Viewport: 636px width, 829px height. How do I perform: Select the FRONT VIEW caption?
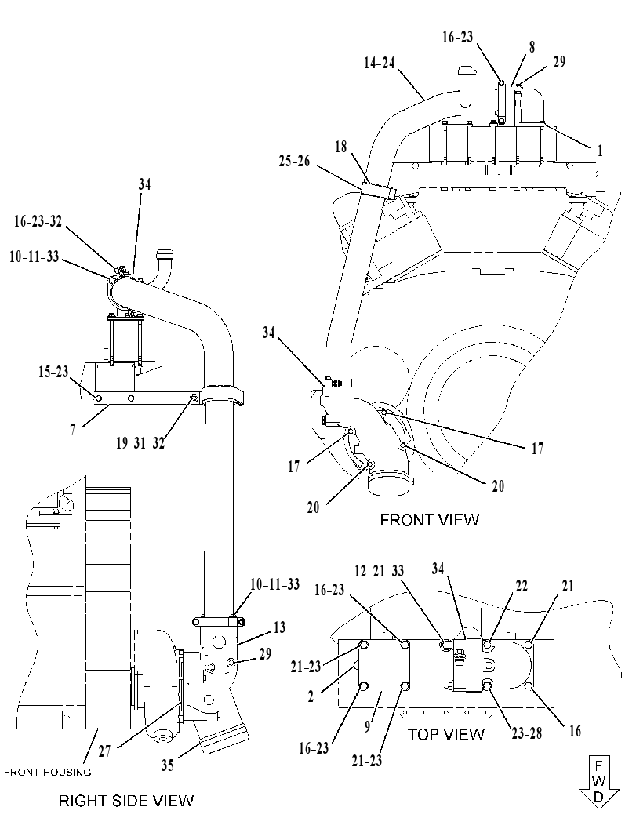(429, 520)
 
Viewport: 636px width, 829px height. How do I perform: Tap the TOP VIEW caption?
(445, 734)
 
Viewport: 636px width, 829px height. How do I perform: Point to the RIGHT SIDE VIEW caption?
(125, 801)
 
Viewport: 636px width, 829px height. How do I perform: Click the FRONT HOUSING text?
(48, 773)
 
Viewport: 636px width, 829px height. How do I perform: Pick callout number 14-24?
(379, 63)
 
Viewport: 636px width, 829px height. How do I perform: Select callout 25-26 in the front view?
(295, 161)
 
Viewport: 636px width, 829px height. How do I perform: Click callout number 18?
(341, 147)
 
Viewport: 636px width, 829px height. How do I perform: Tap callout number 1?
(600, 151)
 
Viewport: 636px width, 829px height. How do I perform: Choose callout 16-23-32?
(38, 221)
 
